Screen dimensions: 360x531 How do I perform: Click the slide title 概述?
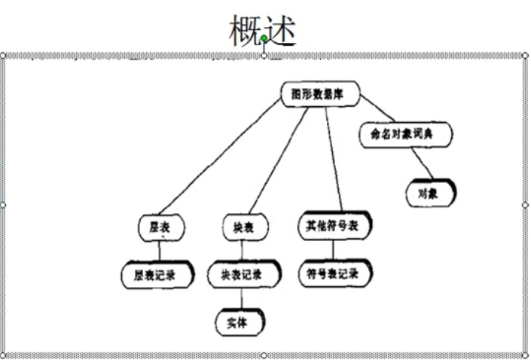(x=264, y=31)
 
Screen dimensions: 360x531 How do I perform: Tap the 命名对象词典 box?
(x=407, y=133)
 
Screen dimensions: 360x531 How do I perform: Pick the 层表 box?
(x=160, y=226)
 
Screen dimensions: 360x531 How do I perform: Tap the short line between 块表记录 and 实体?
(x=242, y=298)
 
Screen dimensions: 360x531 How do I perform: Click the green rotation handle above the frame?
(x=264, y=38)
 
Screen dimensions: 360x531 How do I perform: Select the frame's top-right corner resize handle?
(x=525, y=55)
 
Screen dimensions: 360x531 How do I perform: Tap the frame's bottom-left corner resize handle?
(x=3, y=355)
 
